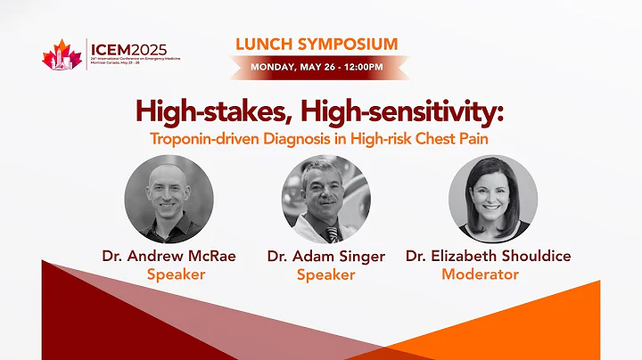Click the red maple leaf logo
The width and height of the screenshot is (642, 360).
(62, 57)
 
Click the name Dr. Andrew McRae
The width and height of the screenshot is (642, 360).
(169, 256)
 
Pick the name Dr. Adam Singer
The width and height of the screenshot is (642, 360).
(326, 256)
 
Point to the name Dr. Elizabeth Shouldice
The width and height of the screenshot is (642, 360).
(488, 256)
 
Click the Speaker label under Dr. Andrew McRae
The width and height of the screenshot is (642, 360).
(176, 274)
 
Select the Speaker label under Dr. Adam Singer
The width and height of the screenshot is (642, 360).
(325, 274)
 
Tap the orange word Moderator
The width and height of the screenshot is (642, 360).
(480, 274)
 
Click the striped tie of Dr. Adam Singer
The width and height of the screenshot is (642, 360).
(332, 234)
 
